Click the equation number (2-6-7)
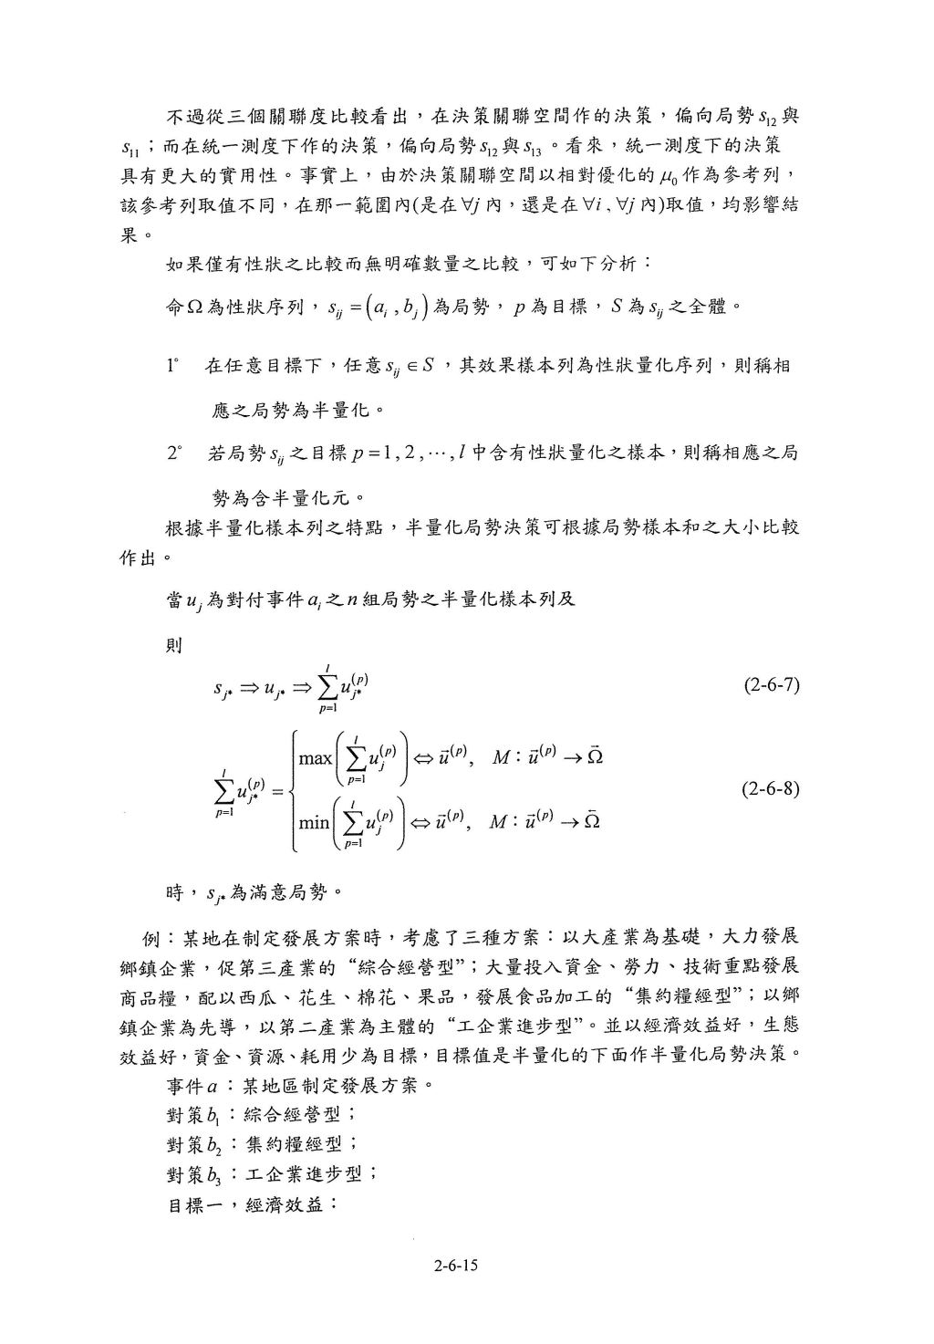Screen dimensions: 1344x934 point(772,685)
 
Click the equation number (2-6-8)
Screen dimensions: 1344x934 point(772,787)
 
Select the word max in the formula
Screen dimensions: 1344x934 point(316,757)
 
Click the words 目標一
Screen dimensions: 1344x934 point(193,1203)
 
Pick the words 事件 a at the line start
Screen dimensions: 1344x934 point(192,1086)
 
